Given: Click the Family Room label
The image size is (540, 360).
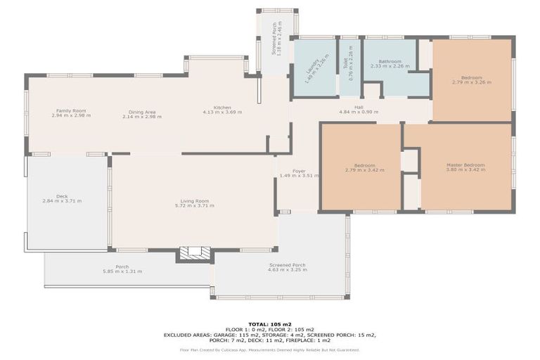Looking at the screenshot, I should (70, 111).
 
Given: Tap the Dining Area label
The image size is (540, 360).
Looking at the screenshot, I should (141, 111).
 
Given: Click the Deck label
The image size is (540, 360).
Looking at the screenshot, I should (62, 196).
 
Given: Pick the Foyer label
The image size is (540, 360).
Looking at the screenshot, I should (299, 171).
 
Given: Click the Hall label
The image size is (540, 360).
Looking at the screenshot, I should (359, 107).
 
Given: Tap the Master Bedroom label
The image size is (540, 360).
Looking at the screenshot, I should (465, 165).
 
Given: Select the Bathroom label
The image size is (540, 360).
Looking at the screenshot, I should (390, 61).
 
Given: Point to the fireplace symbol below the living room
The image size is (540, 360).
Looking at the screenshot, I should (194, 254).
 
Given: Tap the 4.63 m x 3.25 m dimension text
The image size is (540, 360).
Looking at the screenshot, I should (287, 270).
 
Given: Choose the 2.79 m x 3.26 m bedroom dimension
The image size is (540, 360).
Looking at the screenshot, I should (472, 82).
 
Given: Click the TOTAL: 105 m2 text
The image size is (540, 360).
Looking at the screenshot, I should (270, 324).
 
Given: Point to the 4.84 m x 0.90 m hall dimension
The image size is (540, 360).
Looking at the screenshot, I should (359, 112).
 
